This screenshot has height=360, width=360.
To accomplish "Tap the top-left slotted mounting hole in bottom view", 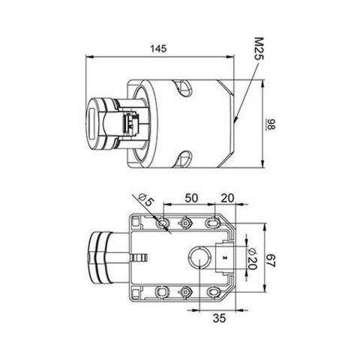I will click(162, 223).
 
